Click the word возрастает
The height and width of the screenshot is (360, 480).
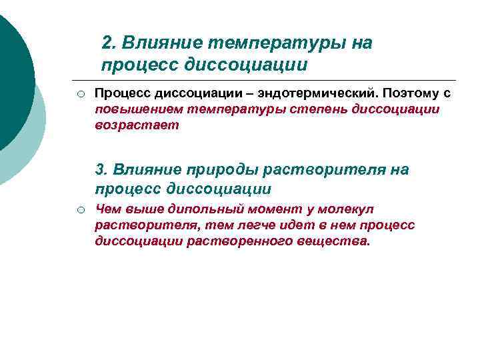(x=137, y=125)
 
